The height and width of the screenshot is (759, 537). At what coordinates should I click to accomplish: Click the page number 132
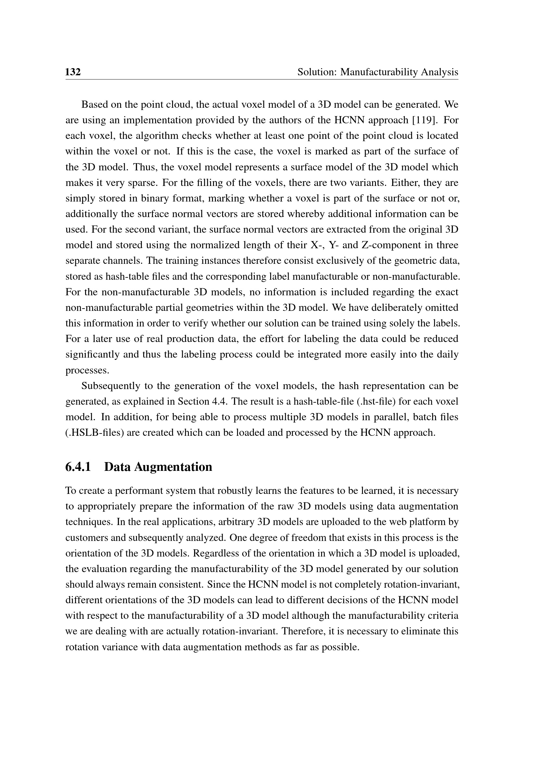73,72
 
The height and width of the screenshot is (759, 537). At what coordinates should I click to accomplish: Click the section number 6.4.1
78,467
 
